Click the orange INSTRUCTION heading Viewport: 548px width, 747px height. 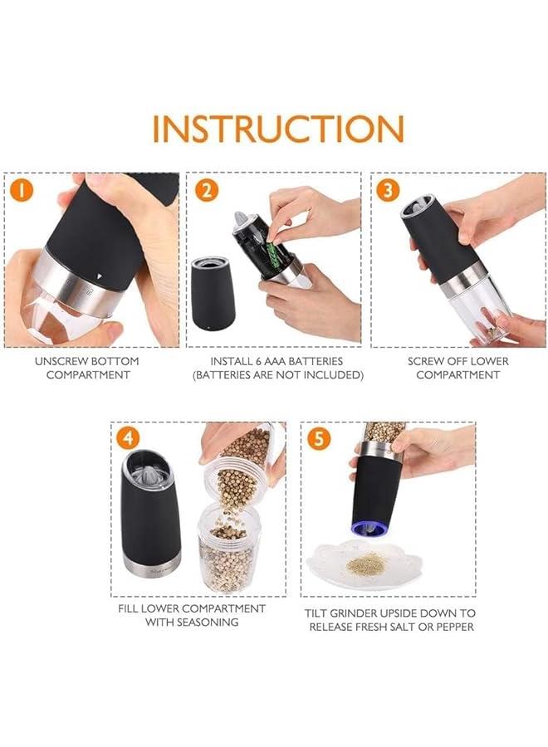tap(278, 128)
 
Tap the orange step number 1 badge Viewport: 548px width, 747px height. tap(22, 191)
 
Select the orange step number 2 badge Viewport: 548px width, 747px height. tap(207, 191)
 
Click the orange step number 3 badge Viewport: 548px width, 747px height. tap(388, 191)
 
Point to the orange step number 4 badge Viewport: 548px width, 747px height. tap(128, 438)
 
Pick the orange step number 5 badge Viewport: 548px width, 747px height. tap(319, 438)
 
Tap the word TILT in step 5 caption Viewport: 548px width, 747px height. tap(316, 613)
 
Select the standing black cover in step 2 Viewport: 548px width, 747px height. tap(213, 294)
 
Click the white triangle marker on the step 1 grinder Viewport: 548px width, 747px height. tap(99, 276)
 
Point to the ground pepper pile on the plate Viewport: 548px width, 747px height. tap(366, 564)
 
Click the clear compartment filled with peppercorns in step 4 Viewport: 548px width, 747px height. tap(228, 549)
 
